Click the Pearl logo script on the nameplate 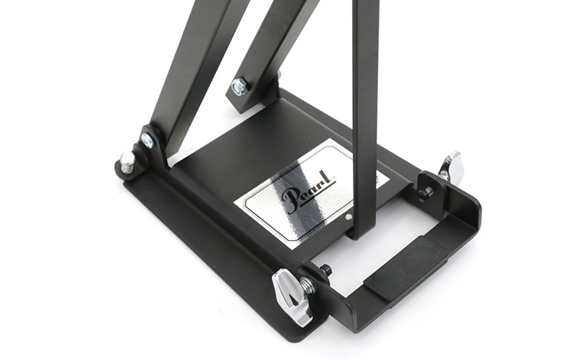click(309, 192)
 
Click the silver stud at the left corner click(127, 162)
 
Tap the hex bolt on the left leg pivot click(147, 140)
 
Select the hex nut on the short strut click(239, 87)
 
